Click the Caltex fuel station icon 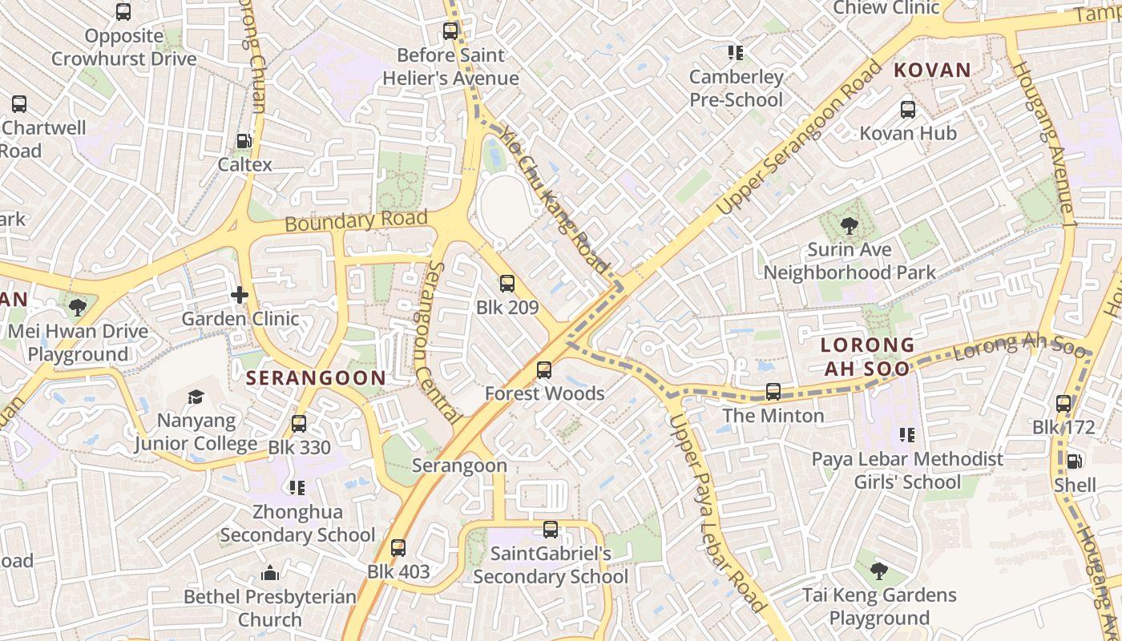(242, 141)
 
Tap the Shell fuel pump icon (1075, 462)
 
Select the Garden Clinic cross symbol (239, 295)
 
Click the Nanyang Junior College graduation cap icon (196, 397)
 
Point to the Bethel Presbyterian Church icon (270, 573)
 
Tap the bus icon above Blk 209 (507, 283)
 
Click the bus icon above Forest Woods (544, 369)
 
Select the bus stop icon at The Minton (773, 392)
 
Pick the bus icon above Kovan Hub (907, 109)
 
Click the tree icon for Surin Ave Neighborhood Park (849, 226)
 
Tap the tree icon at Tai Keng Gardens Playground (879, 571)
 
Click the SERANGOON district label (316, 377)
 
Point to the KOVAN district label (932, 70)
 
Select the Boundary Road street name (356, 220)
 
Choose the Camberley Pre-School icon (735, 53)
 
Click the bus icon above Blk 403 (398, 548)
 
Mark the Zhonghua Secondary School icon (297, 487)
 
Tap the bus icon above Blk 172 (1063, 404)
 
